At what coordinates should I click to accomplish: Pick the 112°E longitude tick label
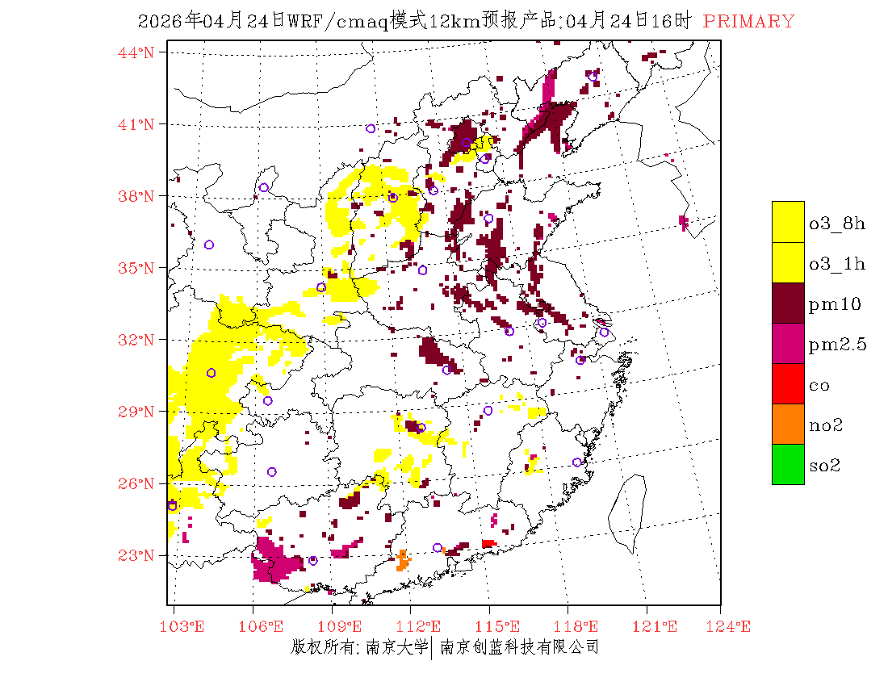(x=424, y=626)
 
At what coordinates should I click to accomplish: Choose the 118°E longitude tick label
(x=580, y=626)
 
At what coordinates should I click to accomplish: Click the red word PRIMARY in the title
(x=748, y=22)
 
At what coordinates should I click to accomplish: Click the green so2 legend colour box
(x=788, y=464)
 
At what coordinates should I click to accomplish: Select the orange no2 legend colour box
(x=788, y=424)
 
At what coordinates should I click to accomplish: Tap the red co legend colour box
(x=788, y=383)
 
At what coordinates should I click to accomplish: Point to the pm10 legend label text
(x=835, y=304)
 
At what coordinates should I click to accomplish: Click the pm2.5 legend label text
(x=838, y=345)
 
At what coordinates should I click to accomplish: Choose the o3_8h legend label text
(x=837, y=224)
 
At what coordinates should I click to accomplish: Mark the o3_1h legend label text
(x=837, y=264)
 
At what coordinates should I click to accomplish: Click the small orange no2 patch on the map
(x=402, y=560)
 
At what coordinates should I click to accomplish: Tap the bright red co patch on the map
(x=488, y=544)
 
